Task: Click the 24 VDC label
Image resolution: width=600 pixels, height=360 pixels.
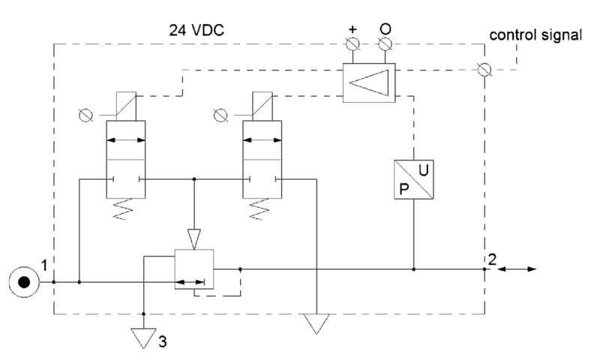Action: coord(196,30)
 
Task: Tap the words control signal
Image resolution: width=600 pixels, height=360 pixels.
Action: coord(535,35)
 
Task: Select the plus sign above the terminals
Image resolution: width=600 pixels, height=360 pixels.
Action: coord(352,29)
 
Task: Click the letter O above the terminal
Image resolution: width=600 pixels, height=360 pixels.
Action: coord(385,29)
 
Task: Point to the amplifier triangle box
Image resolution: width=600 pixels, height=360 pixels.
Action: coord(369,82)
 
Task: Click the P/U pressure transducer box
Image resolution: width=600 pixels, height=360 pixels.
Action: coord(414,179)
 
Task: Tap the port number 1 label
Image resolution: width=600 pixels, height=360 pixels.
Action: coord(44,265)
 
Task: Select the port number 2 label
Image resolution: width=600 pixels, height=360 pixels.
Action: coord(492,259)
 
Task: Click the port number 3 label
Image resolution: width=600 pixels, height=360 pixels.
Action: coord(163,342)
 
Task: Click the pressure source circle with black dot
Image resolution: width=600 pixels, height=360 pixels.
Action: coord(24,282)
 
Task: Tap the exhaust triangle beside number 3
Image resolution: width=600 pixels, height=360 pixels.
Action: coord(143,338)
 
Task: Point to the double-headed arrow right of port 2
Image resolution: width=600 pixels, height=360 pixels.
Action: coord(517,269)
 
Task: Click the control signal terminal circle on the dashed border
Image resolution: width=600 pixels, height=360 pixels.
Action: coord(484,70)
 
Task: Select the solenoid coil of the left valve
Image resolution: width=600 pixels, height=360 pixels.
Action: coord(126,106)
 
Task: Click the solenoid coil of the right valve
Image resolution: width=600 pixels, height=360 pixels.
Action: coord(262,106)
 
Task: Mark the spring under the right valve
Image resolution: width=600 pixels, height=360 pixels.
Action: coord(260,209)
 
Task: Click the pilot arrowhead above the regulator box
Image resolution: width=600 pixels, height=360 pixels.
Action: coord(194,239)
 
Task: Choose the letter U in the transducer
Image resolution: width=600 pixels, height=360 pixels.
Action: coord(423,169)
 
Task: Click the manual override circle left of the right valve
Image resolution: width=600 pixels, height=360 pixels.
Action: coord(220,115)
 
